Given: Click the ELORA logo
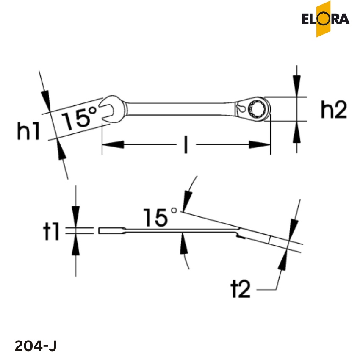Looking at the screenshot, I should coord(325,19).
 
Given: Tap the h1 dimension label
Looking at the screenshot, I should coord(29,131).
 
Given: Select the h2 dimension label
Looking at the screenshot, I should coord(334,110).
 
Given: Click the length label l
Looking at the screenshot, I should coord(186,145).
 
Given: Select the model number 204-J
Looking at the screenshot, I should coord(36,346).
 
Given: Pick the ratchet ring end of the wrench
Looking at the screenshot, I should coord(257,108).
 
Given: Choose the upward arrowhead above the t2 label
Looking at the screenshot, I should coord(283,259).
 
